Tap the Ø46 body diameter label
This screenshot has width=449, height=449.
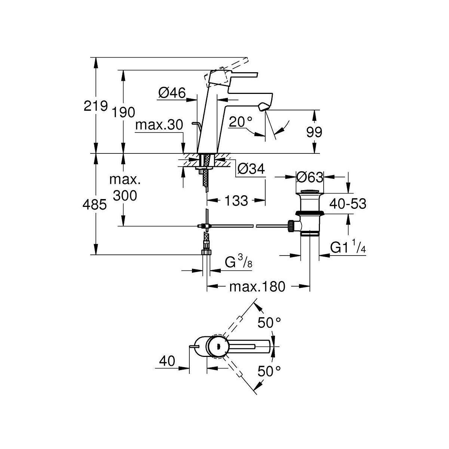tap(172, 92)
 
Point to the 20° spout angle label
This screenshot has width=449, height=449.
tap(241, 122)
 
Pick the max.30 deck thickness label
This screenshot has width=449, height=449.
tap(159, 125)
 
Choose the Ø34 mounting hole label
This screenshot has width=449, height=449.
tap(251, 169)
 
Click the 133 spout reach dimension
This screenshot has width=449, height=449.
tap(237, 201)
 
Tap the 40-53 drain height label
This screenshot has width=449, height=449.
tap(347, 204)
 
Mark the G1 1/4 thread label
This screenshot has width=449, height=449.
tap(348, 248)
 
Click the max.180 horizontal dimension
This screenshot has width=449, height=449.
tap(257, 287)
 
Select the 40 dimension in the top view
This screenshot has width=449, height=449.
tap(167, 361)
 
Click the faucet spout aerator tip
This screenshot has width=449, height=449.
tap(263, 107)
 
